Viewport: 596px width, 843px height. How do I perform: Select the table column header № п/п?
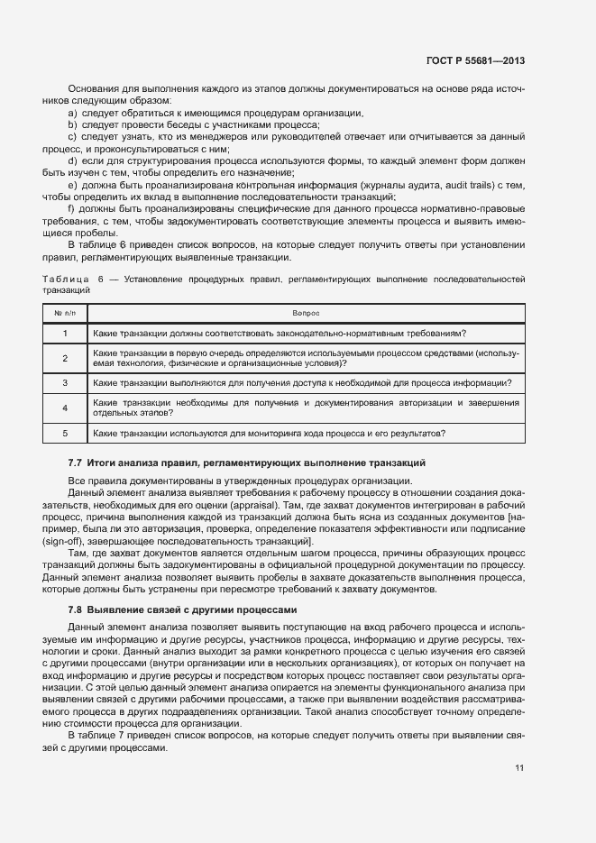click(65, 313)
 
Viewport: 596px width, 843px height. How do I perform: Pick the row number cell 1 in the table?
click(65, 334)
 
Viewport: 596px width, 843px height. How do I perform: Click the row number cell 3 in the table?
click(65, 383)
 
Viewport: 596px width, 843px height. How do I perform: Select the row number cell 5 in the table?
click(65, 434)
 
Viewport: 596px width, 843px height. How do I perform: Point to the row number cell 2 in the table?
click(65, 358)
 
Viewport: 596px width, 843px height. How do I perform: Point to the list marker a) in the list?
click(72, 113)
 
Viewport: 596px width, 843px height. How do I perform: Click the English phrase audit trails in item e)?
click(461, 184)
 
